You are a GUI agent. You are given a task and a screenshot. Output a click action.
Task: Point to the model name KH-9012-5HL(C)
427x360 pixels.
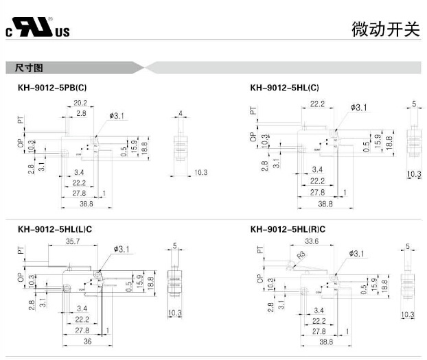coord(284,88)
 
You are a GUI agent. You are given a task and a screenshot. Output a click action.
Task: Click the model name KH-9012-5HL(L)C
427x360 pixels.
coord(55,229)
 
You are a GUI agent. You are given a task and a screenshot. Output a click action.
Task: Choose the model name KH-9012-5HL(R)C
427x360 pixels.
coord(288,229)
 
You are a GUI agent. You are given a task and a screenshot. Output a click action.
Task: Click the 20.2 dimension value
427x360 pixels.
coord(81,104)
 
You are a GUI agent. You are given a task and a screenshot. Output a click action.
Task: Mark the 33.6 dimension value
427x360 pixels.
coord(313,241)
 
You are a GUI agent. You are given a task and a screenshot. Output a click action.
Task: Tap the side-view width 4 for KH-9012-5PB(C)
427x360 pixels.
coord(180,112)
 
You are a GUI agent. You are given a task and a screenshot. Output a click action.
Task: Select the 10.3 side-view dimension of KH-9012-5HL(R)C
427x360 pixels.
coord(408,315)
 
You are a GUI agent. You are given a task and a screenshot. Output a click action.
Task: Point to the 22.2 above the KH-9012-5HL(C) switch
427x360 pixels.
coord(317,104)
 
